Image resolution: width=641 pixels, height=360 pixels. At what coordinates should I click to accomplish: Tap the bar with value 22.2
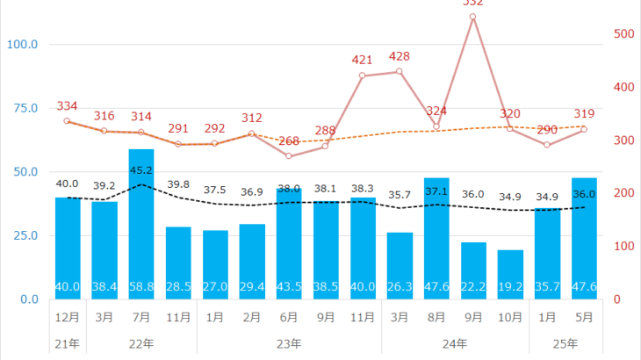pyautogui.click(x=473, y=268)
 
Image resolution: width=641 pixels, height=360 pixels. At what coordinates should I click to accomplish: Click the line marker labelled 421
pyautogui.click(x=363, y=76)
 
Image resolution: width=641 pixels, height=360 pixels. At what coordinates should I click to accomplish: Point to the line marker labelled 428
pyautogui.click(x=400, y=71)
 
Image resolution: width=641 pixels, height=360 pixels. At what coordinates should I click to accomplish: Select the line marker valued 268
pyautogui.click(x=289, y=156)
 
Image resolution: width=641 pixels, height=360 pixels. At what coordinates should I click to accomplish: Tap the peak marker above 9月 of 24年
pyautogui.click(x=472, y=17)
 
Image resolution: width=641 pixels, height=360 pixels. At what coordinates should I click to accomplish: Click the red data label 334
pyautogui.click(x=67, y=106)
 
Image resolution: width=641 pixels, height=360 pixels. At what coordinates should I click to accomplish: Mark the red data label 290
pyautogui.click(x=547, y=130)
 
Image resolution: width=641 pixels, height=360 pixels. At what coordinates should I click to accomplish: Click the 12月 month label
pyautogui.click(x=67, y=318)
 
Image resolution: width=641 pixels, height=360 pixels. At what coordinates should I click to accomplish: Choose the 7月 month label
pyautogui.click(x=140, y=318)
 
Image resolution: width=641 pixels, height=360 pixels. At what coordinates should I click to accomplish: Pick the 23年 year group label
pyautogui.click(x=289, y=343)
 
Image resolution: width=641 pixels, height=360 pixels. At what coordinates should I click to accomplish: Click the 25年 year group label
pyautogui.click(x=565, y=343)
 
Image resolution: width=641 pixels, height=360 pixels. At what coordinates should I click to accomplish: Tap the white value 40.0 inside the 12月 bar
pyautogui.click(x=67, y=286)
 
